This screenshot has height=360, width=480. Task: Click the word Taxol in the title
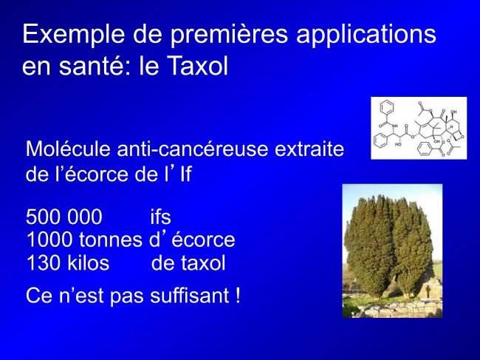click(199, 66)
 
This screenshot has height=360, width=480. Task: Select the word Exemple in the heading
click(74, 34)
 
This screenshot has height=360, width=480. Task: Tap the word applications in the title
click(366, 34)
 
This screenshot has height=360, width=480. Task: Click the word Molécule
click(68, 149)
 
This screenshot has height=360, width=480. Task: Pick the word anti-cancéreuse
click(193, 149)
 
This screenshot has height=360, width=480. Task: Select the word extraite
click(309, 149)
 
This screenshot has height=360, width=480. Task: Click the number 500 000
click(64, 217)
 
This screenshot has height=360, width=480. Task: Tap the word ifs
click(160, 217)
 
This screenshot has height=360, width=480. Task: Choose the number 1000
click(49, 240)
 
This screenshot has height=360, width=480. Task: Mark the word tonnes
click(111, 240)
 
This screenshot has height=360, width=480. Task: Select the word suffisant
click(190, 296)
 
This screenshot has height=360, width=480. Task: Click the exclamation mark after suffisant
click(239, 296)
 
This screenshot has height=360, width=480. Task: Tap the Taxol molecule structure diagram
click(419, 128)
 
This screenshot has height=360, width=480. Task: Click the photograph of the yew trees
click(392, 251)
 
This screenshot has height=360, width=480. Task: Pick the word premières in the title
click(229, 35)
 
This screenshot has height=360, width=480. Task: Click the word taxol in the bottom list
click(204, 263)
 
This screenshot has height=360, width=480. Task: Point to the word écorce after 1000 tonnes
click(203, 240)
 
